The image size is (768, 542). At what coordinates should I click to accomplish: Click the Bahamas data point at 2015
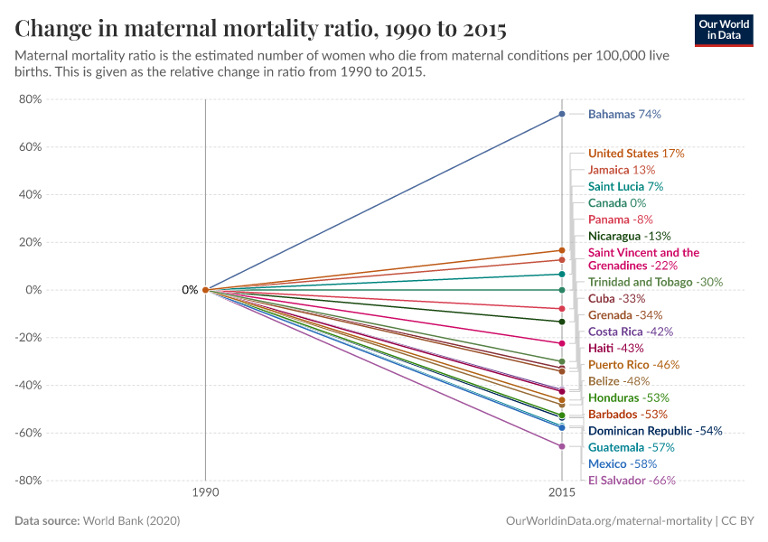[562, 114]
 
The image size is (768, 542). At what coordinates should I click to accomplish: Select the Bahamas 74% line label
[624, 115]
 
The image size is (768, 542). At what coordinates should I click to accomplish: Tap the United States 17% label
[636, 154]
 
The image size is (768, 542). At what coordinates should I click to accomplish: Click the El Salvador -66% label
[632, 481]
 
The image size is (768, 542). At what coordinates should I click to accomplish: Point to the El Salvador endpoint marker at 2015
[562, 446]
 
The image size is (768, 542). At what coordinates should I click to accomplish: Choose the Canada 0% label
[616, 203]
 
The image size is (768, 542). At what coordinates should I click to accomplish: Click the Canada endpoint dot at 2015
[562, 290]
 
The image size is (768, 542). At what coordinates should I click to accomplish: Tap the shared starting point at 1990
[205, 290]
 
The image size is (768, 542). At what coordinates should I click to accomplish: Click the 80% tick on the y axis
[31, 99]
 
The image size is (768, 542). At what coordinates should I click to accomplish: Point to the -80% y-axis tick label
[29, 481]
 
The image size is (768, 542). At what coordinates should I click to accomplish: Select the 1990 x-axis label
[205, 494]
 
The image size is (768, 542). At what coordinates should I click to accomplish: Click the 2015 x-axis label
[562, 494]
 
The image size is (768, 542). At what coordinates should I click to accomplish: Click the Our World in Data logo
[723, 30]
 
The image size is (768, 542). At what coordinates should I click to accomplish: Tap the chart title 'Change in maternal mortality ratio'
[260, 29]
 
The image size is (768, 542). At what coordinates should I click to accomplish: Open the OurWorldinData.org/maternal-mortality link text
[606, 521]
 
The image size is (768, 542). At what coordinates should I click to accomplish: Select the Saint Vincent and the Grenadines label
[643, 259]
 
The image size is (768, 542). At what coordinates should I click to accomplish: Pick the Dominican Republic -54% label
[655, 431]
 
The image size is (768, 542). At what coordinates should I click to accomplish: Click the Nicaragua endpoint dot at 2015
[562, 322]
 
